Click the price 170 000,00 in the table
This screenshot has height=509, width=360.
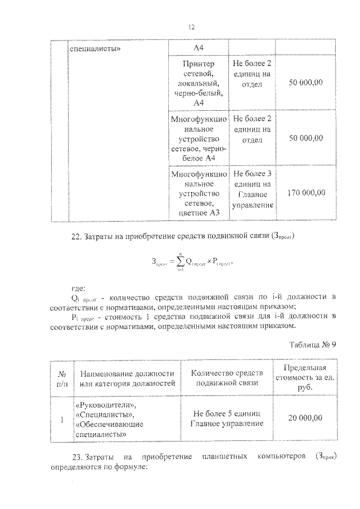[306, 192]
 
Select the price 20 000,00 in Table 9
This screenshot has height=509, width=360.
[305, 418]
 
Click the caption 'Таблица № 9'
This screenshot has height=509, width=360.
[312, 345]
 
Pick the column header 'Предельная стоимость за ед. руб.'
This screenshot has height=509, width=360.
[305, 377]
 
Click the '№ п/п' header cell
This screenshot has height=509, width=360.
[62, 378]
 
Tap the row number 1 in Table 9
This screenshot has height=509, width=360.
[62, 418]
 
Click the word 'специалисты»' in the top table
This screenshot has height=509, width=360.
[96, 48]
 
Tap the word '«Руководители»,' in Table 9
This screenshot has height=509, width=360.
[105, 405]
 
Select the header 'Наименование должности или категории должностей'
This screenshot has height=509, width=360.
[127, 378]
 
